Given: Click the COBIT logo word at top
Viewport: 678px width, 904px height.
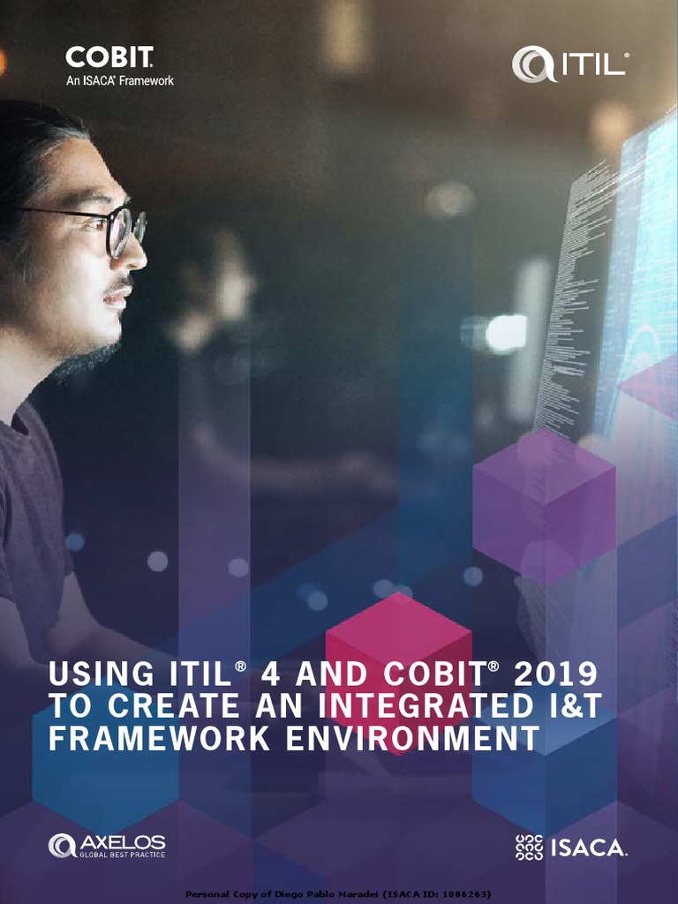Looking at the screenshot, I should pyautogui.click(x=109, y=59).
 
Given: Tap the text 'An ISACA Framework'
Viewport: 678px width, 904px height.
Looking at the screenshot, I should pyautogui.click(x=120, y=80).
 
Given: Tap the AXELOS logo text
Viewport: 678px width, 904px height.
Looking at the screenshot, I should pyautogui.click(x=122, y=841).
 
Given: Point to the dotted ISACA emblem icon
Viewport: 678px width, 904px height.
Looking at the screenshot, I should pyautogui.click(x=529, y=847).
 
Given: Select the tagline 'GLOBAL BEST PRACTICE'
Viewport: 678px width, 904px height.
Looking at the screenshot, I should pyautogui.click(x=122, y=855).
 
